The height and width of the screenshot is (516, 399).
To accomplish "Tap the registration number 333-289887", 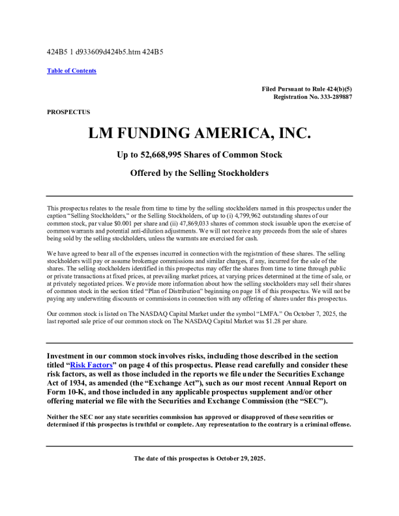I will (333, 96).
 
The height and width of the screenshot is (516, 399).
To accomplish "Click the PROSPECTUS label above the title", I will (68, 112).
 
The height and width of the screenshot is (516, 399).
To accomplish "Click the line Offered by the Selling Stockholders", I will (199, 174).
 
